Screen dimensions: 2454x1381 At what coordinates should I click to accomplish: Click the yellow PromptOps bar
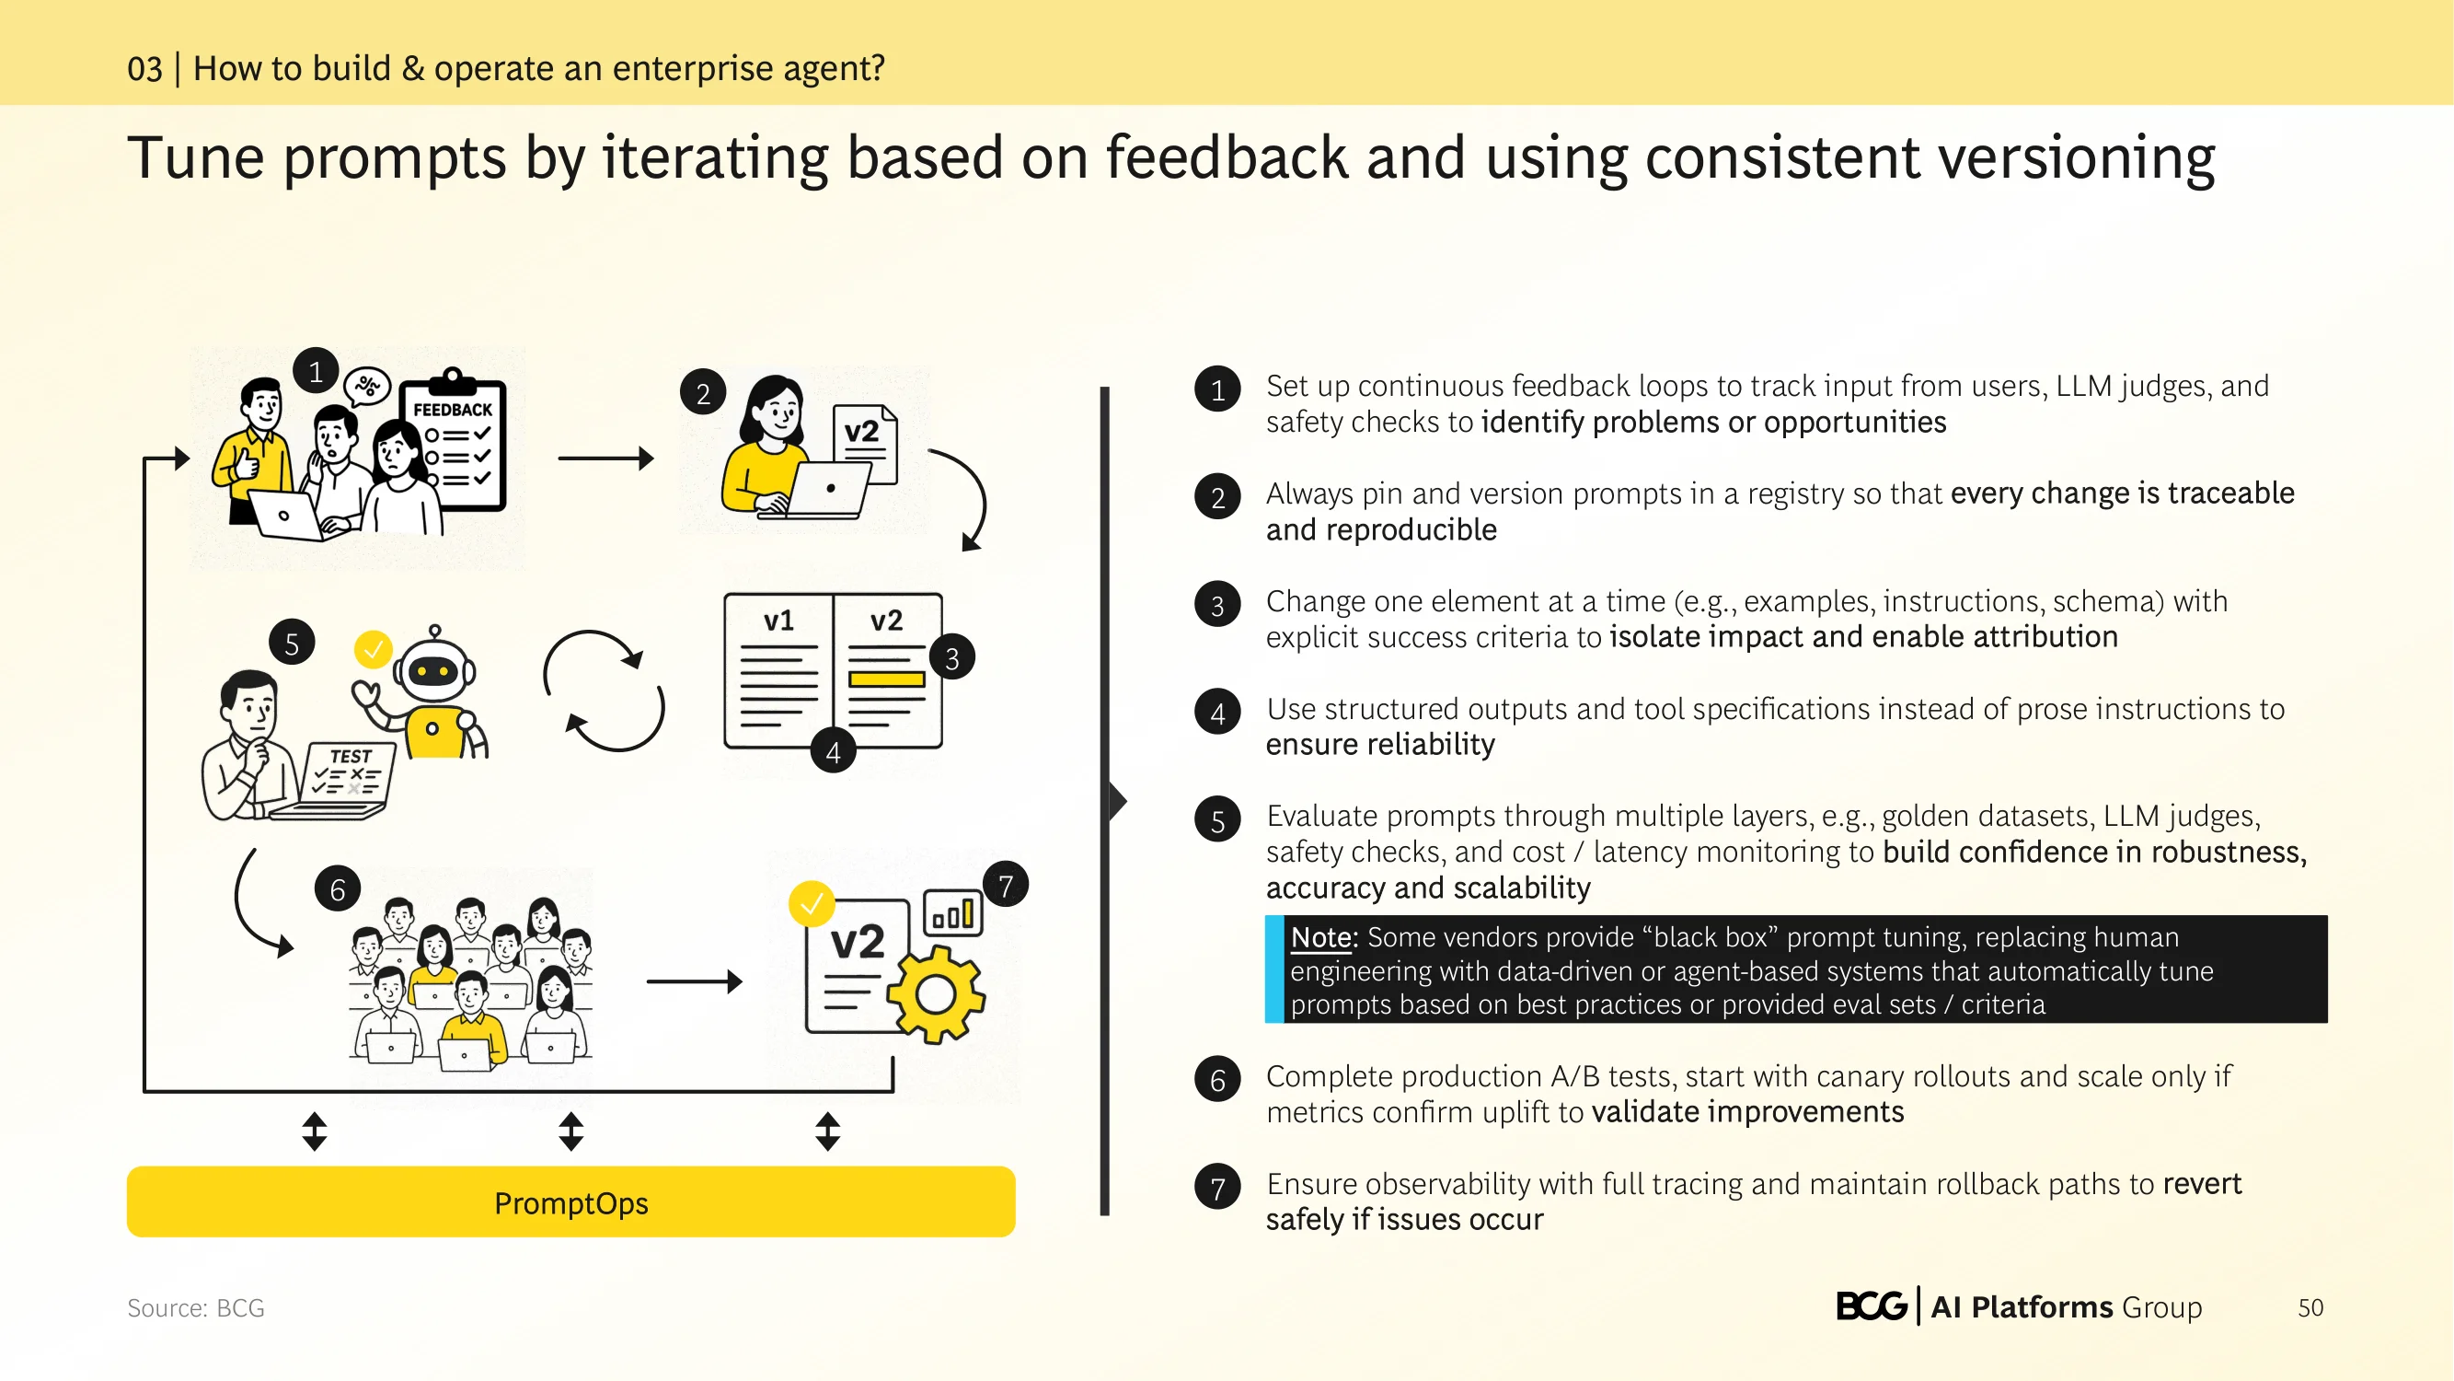coord(570,1201)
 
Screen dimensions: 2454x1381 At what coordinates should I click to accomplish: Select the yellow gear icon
coord(936,994)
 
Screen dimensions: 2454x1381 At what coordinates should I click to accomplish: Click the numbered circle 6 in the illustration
coord(338,889)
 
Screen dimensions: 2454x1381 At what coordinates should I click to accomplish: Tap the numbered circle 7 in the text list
coord(1217,1187)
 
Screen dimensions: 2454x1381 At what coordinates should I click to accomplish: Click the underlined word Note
coord(1321,937)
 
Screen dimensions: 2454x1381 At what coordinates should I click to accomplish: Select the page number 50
coord(2310,1307)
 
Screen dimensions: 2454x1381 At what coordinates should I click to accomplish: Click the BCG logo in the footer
coord(1871,1306)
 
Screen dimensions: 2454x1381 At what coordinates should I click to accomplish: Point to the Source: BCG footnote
coord(196,1307)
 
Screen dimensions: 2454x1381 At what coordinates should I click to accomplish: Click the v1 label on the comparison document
coord(778,621)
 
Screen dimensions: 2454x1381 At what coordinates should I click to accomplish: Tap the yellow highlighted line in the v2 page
coord(886,679)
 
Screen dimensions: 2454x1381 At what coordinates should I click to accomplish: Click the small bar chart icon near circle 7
coord(952,913)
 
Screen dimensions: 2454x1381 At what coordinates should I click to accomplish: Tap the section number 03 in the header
coord(144,69)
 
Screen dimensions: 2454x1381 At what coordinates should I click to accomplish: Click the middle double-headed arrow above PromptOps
coord(570,1131)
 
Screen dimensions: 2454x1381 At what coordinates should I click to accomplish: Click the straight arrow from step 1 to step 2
coord(605,458)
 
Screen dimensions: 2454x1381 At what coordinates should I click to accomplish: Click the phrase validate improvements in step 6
coord(1747,1111)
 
